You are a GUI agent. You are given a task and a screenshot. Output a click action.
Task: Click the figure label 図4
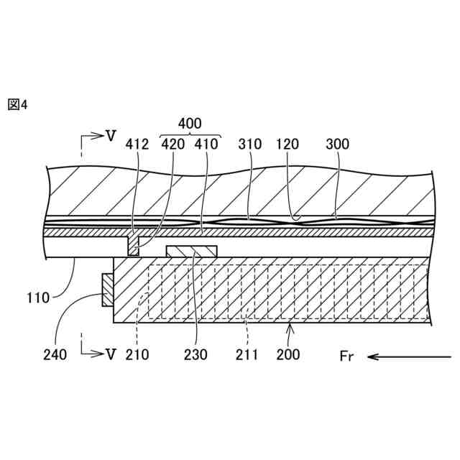[17, 105]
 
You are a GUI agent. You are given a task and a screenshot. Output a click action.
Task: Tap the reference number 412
[137, 144]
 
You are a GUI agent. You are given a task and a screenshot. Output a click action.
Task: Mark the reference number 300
[337, 144]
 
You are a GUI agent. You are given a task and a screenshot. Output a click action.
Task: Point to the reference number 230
[195, 354]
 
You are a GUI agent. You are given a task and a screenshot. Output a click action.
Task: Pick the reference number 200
[288, 354]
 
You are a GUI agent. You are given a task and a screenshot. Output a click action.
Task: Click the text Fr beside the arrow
[346, 355]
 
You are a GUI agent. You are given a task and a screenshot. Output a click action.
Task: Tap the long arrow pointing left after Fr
[402, 355]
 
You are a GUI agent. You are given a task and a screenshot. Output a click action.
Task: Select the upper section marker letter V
[110, 135]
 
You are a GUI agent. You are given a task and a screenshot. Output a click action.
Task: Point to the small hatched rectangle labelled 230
[192, 250]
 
